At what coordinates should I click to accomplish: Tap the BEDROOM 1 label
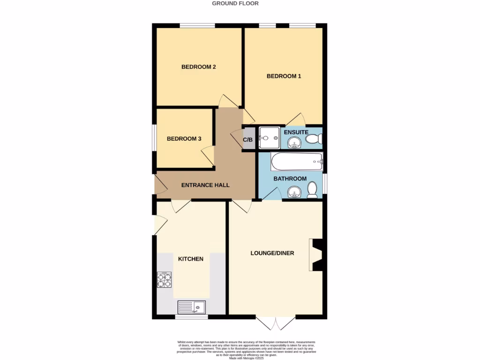click(284, 76)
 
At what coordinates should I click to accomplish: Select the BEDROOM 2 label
click(198, 67)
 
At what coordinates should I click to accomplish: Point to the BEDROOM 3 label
click(184, 139)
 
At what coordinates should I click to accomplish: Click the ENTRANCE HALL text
click(205, 185)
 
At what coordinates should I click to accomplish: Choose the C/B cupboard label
click(248, 140)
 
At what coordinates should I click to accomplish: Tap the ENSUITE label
click(296, 132)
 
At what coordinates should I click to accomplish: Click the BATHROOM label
click(290, 179)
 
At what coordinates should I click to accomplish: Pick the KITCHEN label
click(191, 259)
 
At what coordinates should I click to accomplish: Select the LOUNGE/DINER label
click(272, 253)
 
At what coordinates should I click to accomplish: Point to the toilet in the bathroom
click(312, 189)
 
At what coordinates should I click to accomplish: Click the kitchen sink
click(192, 307)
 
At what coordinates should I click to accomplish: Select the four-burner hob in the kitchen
click(164, 280)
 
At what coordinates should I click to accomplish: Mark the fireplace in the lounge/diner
click(316, 255)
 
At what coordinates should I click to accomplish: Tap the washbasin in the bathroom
click(294, 192)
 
